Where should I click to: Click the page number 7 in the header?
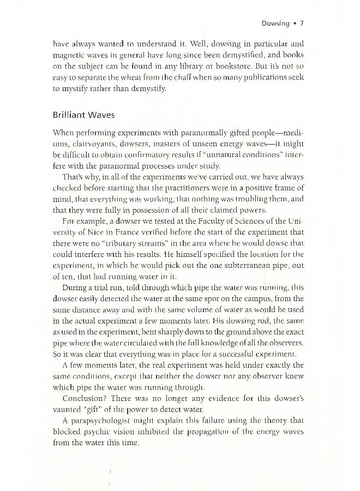[302, 23]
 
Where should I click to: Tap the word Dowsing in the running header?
[275, 23]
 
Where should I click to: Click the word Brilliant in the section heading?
[70, 115]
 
